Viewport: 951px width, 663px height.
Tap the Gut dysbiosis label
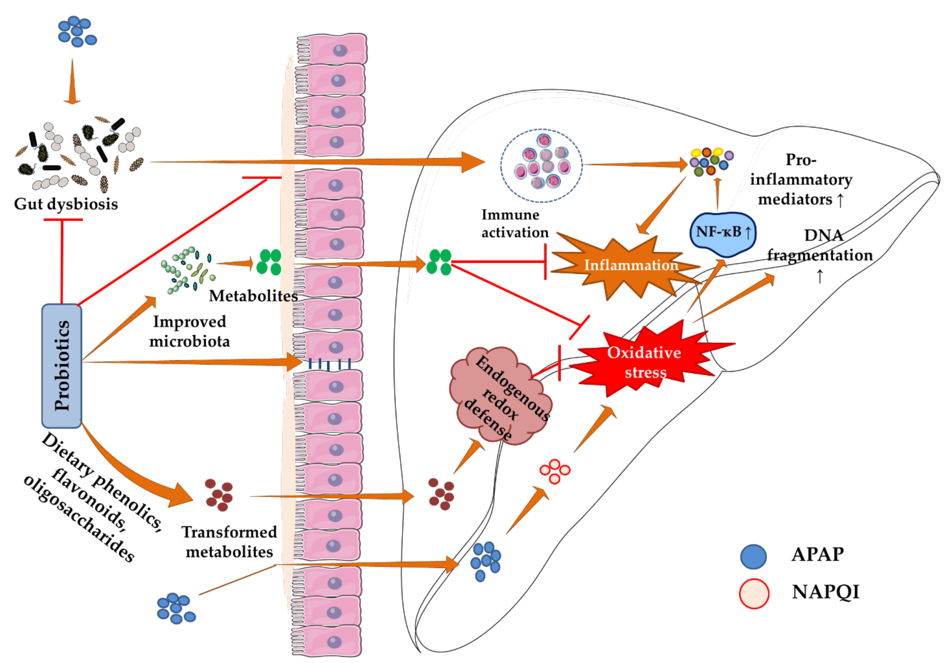(66, 204)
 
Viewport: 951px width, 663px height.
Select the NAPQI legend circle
(754, 593)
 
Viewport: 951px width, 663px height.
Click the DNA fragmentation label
(820, 247)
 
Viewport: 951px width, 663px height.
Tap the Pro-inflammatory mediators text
(801, 180)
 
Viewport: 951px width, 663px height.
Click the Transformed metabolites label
(229, 541)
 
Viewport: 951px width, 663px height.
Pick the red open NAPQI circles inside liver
(555, 471)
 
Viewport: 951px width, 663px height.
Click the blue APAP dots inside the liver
(485, 560)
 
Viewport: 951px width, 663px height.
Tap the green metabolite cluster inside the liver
(439, 262)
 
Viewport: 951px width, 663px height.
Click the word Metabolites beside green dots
(253, 296)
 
